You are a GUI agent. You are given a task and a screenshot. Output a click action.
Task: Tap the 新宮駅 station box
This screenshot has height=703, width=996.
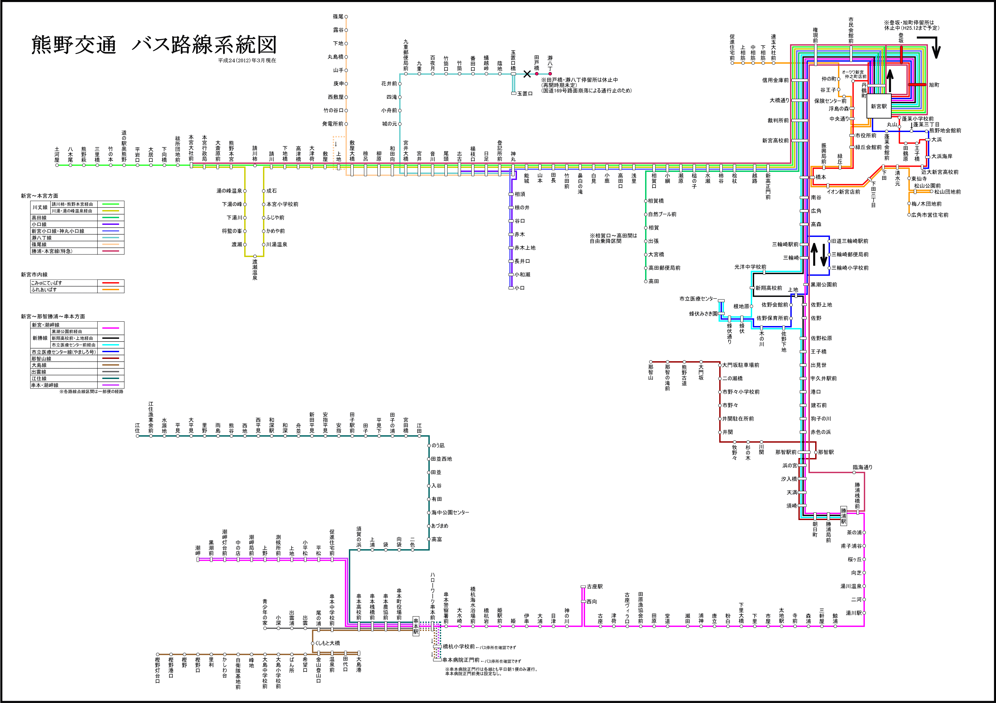[879, 106]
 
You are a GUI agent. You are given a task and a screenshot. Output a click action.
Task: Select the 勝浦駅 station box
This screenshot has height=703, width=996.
[844, 516]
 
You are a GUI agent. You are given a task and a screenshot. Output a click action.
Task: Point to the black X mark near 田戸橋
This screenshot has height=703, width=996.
[527, 74]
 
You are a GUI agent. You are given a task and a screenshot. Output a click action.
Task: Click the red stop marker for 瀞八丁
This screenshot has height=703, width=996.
[550, 74]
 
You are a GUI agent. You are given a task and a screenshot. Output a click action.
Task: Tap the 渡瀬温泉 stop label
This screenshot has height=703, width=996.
[255, 270]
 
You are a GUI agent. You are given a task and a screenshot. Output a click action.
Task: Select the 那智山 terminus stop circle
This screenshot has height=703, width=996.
[651, 362]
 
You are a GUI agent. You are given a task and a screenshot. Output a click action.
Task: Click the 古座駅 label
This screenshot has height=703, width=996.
[595, 586]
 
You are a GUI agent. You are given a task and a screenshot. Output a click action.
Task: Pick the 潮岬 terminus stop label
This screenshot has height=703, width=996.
[198, 551]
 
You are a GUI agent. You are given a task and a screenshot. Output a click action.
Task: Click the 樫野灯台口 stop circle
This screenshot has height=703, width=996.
[157, 654]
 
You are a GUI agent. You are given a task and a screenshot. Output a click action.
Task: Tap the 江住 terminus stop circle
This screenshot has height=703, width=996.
[138, 436]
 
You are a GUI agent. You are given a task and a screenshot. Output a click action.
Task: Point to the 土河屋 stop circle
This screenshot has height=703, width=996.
[57, 165]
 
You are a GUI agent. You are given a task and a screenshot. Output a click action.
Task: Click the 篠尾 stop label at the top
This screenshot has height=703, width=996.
[338, 16]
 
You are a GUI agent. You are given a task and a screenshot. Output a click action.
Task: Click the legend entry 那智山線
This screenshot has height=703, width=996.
[41, 359]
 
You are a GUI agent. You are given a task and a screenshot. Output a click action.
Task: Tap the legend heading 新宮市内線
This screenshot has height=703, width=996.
[34, 275]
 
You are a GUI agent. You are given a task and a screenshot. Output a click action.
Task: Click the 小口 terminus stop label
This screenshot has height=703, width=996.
[520, 288]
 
